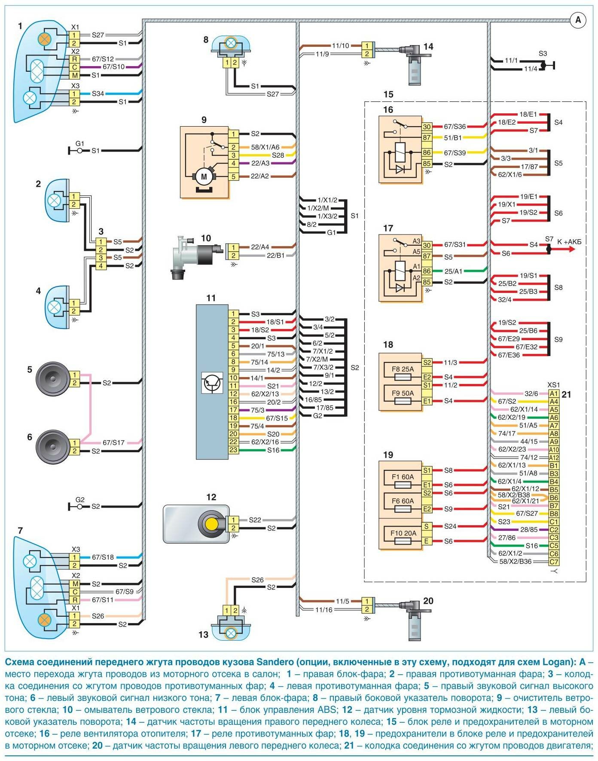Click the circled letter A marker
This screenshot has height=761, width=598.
tap(578, 20)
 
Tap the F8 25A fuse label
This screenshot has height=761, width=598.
tap(403, 369)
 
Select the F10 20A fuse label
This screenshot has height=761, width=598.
tap(403, 533)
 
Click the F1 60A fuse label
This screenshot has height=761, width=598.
tap(403, 477)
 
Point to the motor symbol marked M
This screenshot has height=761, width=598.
tap(204, 177)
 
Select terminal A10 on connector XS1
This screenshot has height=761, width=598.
tap(554, 450)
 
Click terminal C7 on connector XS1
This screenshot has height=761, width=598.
tap(554, 562)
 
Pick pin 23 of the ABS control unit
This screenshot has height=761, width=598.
tap(233, 450)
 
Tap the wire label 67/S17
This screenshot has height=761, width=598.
tap(113, 442)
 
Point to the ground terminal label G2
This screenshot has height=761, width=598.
tap(80, 500)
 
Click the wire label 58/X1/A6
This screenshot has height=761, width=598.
tap(265, 147)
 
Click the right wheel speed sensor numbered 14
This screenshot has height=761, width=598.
tap(415, 64)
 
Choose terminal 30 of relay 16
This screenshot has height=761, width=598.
tap(427, 127)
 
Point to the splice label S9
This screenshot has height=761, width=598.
tap(558, 339)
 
